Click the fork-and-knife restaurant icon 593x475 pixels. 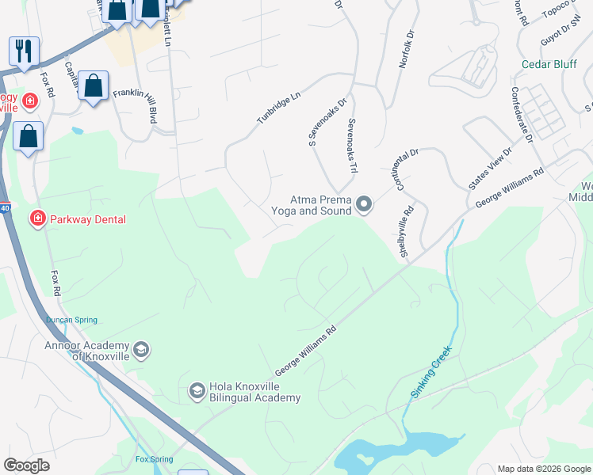24,51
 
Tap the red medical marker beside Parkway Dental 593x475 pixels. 36,218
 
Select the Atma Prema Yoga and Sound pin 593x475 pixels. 364,205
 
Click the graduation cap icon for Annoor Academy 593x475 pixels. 140,350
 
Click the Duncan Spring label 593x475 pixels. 71,320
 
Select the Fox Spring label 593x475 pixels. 154,458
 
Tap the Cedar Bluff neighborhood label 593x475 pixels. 549,64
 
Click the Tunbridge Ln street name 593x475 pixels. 278,108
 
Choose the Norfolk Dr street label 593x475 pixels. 406,49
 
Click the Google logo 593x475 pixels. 27,465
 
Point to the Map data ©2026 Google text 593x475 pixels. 543,469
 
